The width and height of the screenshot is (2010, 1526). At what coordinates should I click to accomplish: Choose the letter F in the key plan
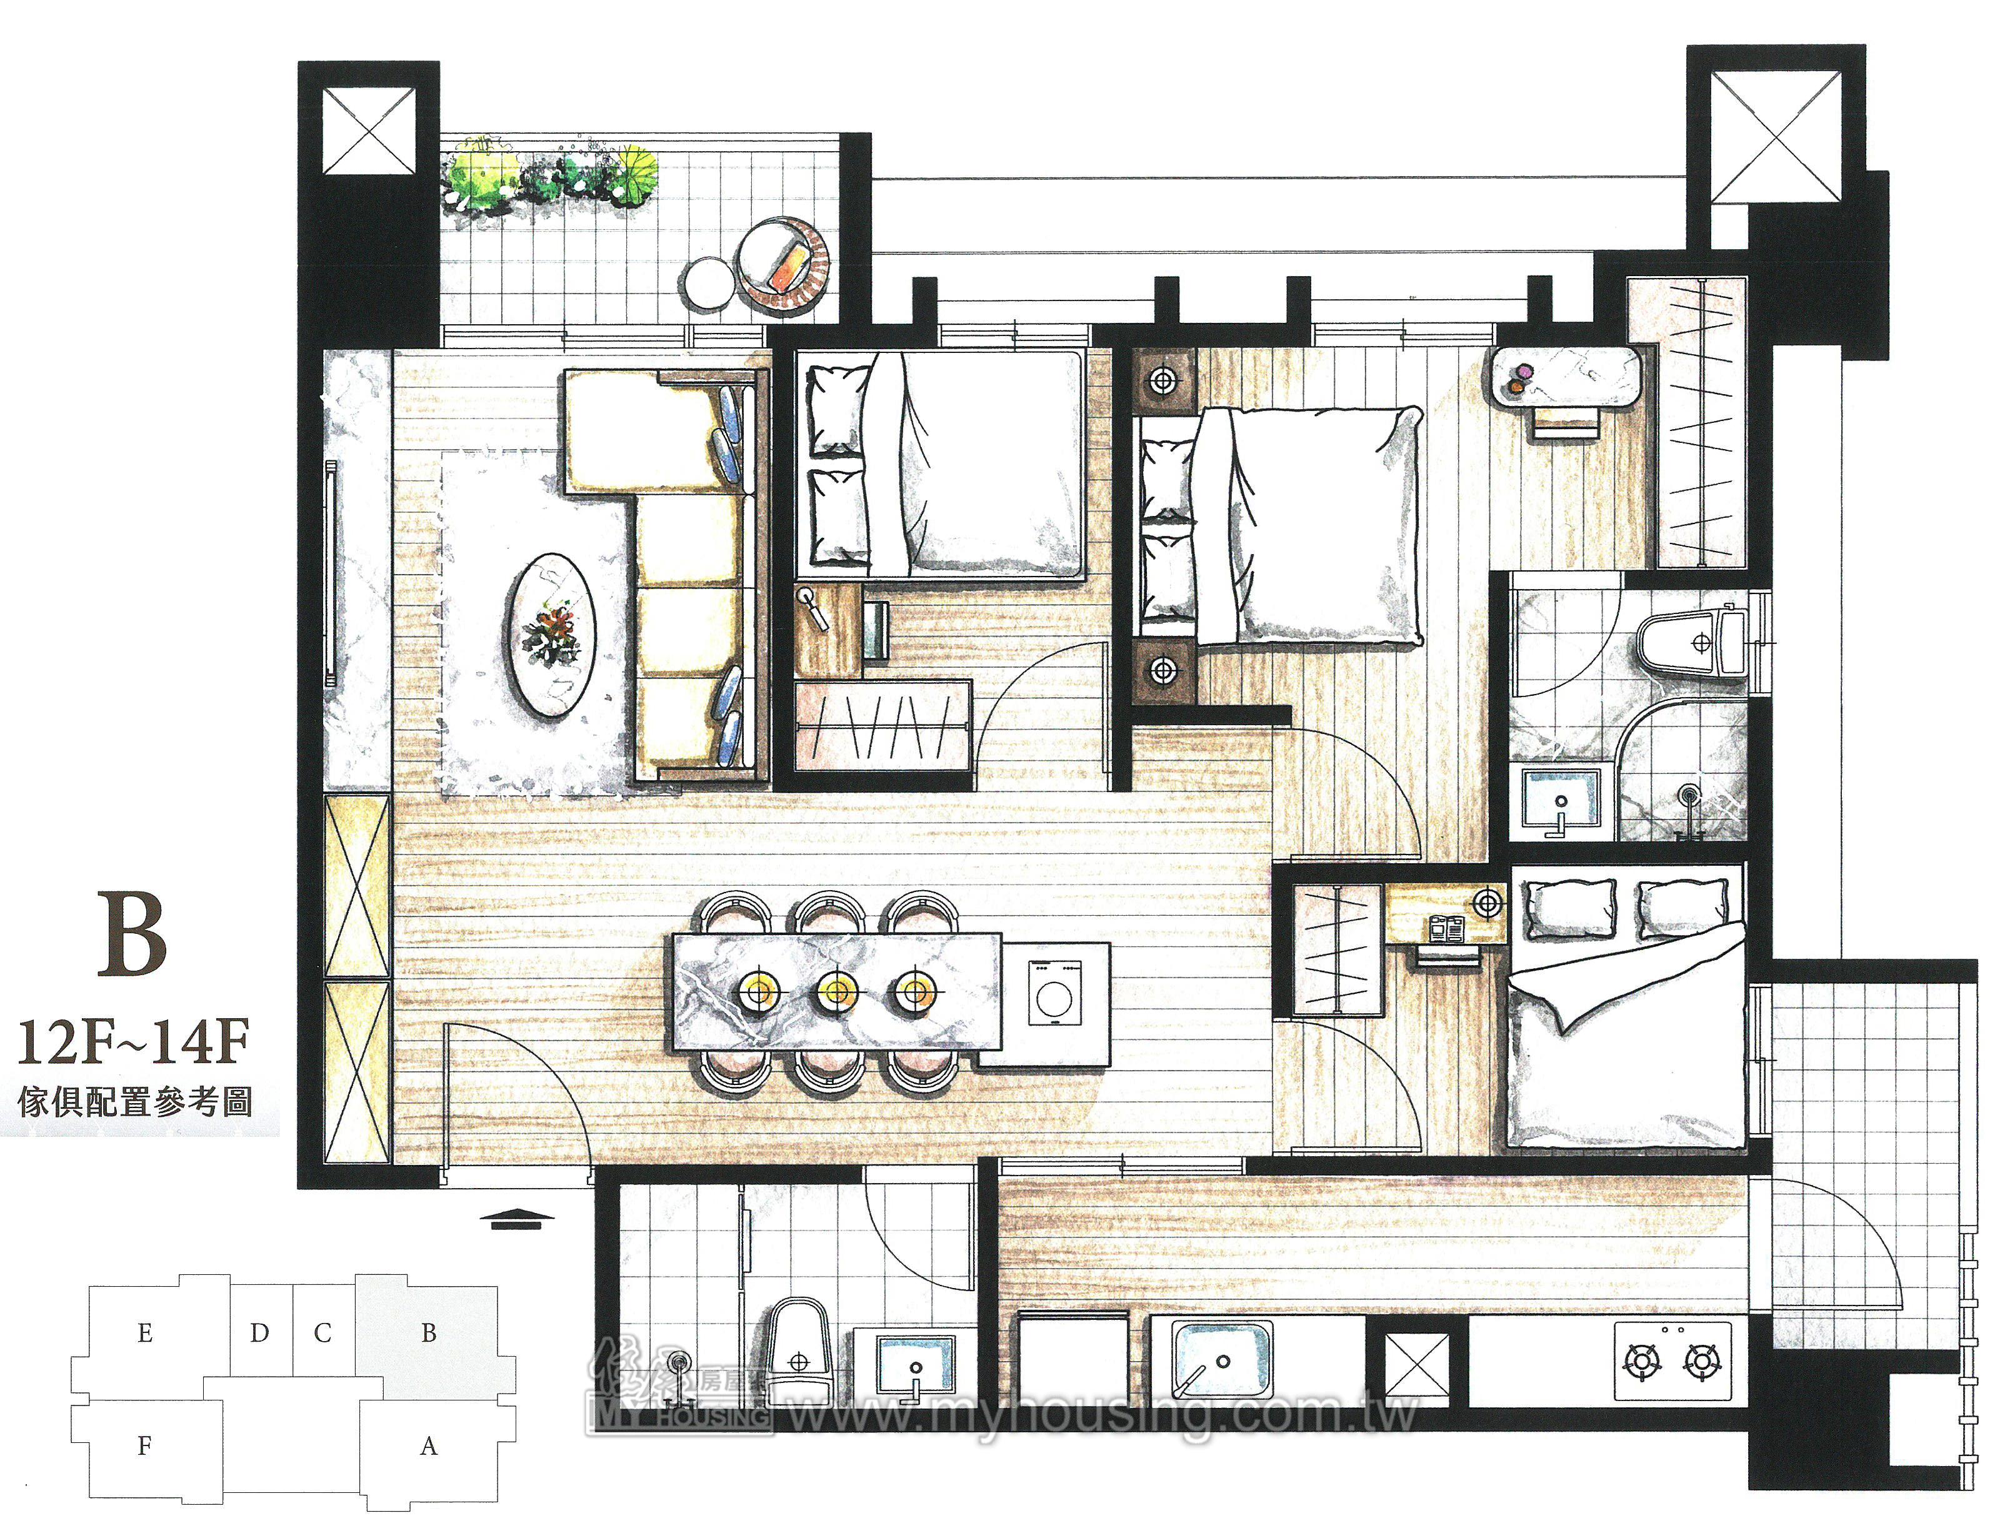144,1446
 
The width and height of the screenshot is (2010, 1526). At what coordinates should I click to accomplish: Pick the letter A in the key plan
429,1446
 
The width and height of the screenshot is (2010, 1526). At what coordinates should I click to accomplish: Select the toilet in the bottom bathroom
799,1355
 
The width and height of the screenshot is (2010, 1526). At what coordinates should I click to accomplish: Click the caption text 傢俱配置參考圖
134,1102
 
